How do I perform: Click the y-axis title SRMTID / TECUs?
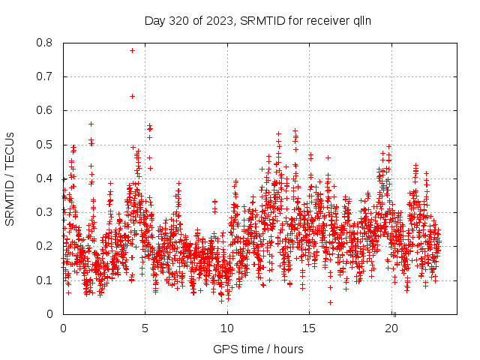point(10,178)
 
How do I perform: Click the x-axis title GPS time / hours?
point(258,349)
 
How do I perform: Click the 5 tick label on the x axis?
point(145,328)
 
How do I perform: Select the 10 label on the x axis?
point(228,328)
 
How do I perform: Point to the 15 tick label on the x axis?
point(310,328)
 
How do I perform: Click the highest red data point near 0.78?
point(132,50)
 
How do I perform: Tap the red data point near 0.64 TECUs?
point(132,96)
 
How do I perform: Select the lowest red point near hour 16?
point(330,302)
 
